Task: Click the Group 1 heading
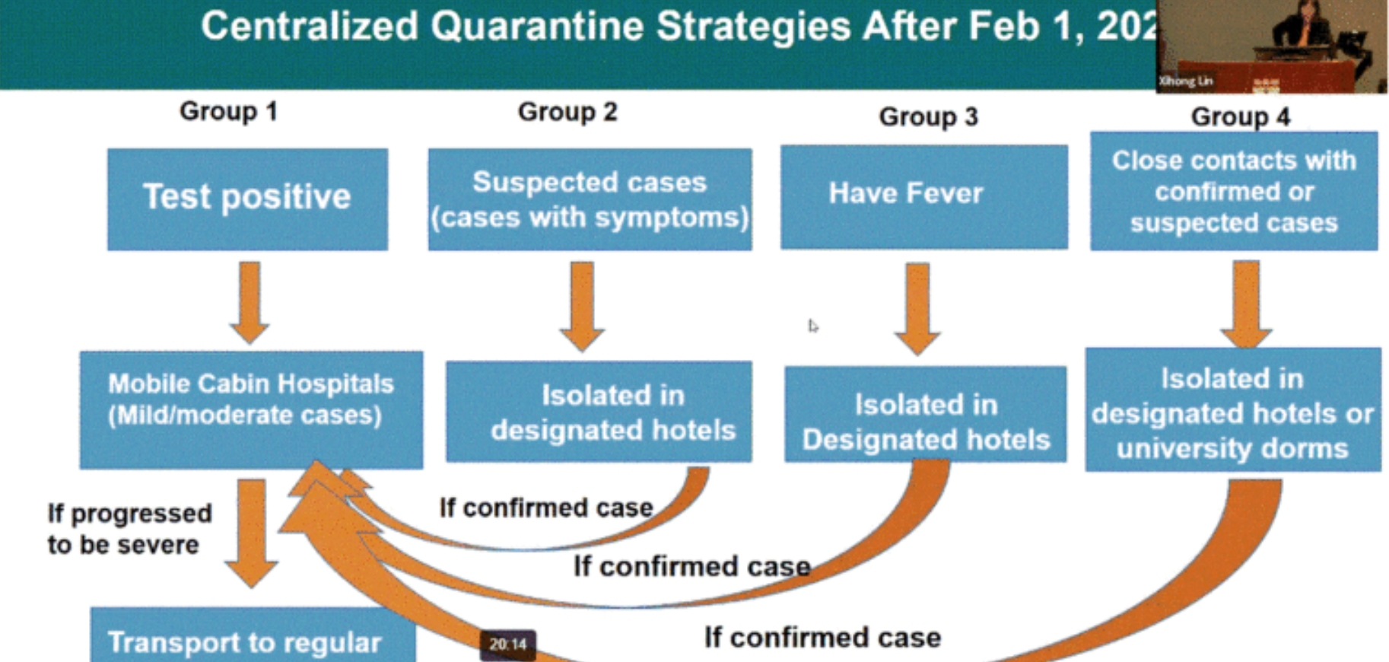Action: click(x=228, y=112)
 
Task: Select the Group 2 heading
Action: click(x=567, y=113)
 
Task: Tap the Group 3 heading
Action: click(x=928, y=117)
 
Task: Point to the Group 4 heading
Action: click(x=1240, y=117)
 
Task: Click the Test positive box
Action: click(x=247, y=199)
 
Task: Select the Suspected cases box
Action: click(x=590, y=199)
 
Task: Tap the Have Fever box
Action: click(x=923, y=196)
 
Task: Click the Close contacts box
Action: click(x=1233, y=191)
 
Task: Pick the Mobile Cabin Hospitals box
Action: click(x=251, y=409)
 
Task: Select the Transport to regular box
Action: click(x=253, y=636)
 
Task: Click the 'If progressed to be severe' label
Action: click(x=129, y=529)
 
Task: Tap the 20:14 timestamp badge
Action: click(x=508, y=644)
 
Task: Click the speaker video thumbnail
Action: click(x=1272, y=46)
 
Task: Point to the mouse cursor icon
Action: click(x=813, y=326)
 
